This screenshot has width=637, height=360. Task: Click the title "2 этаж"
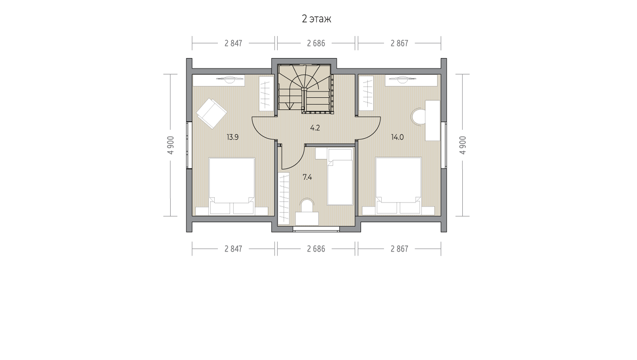pos(316,19)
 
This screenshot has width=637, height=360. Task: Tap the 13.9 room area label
pos(232,137)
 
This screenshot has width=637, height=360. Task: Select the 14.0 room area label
pos(397,137)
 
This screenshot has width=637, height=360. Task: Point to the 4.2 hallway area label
pos(315,128)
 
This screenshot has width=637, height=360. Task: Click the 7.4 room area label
pos(307,177)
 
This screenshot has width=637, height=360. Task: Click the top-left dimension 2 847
pos(233,43)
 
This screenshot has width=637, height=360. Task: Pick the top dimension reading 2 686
pos(316,43)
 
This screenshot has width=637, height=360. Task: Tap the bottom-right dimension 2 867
pos(399,249)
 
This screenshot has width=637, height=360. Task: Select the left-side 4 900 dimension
pos(171,145)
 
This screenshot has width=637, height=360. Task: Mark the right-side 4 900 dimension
pos(463,145)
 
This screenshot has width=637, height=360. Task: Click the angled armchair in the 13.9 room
pos(212,113)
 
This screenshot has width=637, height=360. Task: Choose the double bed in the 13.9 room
pos(232,186)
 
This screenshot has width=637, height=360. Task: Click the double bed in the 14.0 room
pos(398,186)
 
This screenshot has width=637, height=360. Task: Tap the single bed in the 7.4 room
pos(340,177)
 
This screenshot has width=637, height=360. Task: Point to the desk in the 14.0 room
pos(433,120)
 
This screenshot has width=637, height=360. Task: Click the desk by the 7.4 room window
pos(307,219)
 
